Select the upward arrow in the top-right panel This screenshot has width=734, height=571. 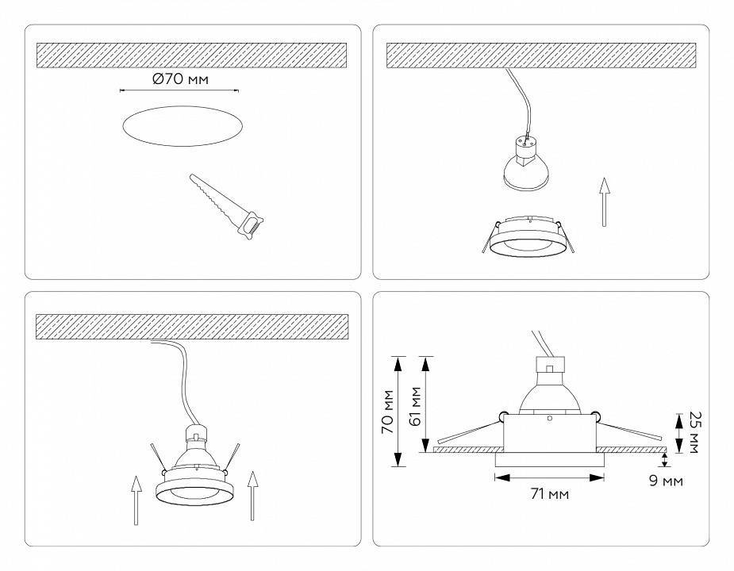pyautogui.click(x=604, y=201)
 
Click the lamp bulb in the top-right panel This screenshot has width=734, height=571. pyautogui.click(x=526, y=167)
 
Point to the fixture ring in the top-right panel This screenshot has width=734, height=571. pyautogui.click(x=527, y=238)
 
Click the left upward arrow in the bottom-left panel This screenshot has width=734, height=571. pyautogui.click(x=136, y=499)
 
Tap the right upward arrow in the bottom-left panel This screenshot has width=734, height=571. pyautogui.click(x=253, y=496)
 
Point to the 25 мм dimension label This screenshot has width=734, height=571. pyautogui.click(x=694, y=432)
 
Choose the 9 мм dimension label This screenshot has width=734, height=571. pyautogui.click(x=666, y=481)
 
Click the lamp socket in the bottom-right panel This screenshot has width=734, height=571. pyautogui.click(x=548, y=366)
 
